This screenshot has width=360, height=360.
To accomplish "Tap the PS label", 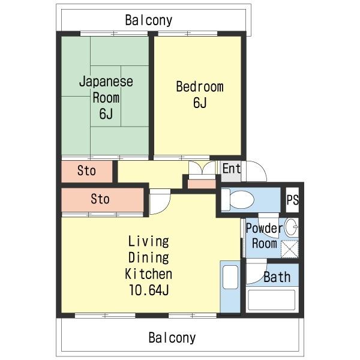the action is click(293, 200).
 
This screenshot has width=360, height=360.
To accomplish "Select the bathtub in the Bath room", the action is click(272, 300).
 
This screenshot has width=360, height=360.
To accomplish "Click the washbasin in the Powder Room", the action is click(292, 227).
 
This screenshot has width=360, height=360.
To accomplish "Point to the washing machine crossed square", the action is click(290, 249).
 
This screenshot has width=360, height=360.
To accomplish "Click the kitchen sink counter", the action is click(230, 287).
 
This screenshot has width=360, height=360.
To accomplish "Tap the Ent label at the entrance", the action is click(232, 168).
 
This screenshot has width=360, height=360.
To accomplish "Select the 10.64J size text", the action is click(149, 290).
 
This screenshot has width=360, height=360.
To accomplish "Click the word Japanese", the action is click(106, 82).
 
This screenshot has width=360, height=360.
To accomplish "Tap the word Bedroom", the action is click(200, 87).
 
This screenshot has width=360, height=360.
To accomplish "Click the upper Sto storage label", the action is click(86, 171).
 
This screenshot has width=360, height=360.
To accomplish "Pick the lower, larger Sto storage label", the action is click(100, 199).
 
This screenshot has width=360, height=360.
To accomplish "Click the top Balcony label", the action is click(149, 20).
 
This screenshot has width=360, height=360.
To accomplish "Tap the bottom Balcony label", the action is click(172, 338).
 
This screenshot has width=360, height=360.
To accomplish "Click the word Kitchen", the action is click(149, 274).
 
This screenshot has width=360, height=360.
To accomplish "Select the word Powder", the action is click(265, 228).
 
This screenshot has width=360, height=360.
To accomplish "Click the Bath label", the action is click(277, 277).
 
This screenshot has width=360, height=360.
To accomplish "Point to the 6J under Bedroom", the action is click(200, 103).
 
